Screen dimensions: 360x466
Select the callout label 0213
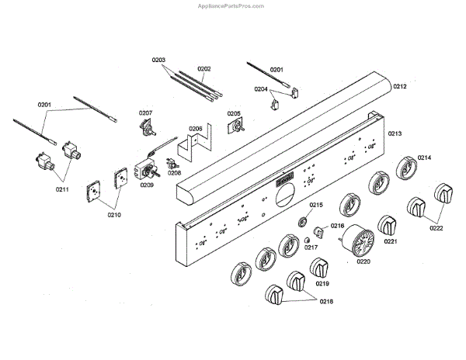395,134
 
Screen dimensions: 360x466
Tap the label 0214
424,157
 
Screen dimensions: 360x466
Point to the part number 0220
363,261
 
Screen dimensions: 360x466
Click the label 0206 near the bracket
196,129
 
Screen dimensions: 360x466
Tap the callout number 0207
146,113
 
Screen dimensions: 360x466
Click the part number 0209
147,185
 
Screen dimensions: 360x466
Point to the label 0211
62,189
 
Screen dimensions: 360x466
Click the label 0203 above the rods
159,60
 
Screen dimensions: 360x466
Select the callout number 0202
204,68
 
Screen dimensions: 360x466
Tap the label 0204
261,89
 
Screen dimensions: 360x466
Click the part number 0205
233,113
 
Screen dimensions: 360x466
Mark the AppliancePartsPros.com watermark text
231,5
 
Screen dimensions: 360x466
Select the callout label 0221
391,241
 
